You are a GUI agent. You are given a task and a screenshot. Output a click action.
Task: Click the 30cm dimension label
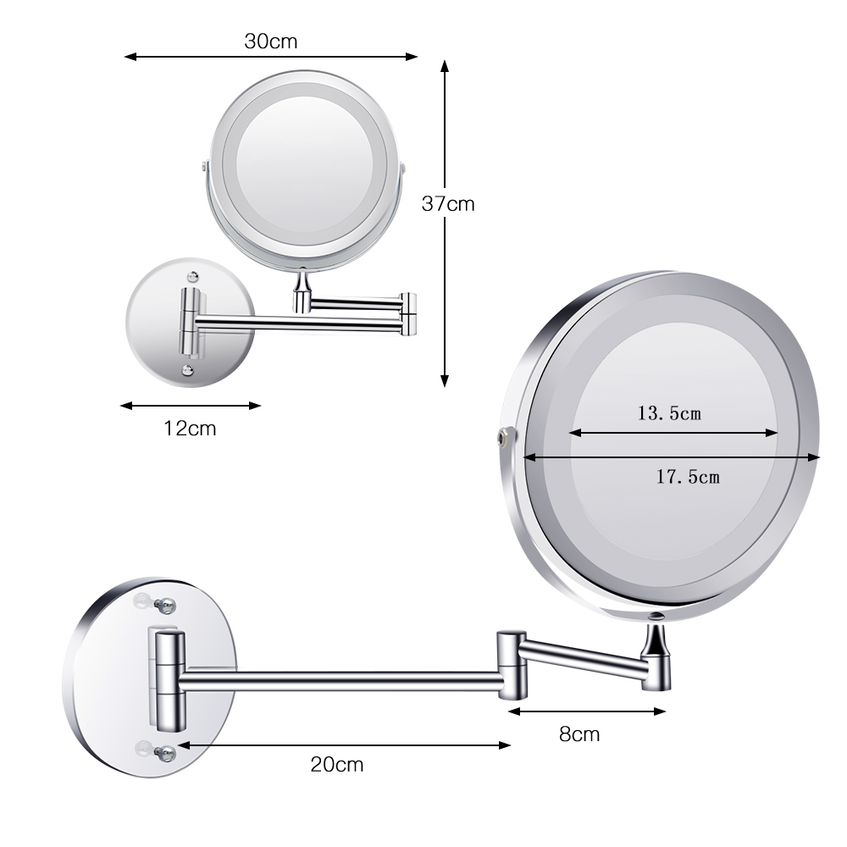271,41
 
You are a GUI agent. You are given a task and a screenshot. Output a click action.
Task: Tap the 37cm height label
448,204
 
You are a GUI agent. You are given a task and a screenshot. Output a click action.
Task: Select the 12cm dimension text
190,429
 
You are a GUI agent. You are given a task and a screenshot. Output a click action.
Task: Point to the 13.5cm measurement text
669,413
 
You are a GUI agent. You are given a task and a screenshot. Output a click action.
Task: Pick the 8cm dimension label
579,734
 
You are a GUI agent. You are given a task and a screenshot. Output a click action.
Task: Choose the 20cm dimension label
336,765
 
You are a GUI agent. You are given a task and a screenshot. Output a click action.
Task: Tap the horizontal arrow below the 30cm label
271,57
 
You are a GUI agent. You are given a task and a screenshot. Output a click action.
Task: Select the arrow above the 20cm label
344,745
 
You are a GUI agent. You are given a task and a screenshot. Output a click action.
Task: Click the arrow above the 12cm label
191,405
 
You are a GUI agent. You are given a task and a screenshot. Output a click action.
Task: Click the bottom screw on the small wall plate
188,369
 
